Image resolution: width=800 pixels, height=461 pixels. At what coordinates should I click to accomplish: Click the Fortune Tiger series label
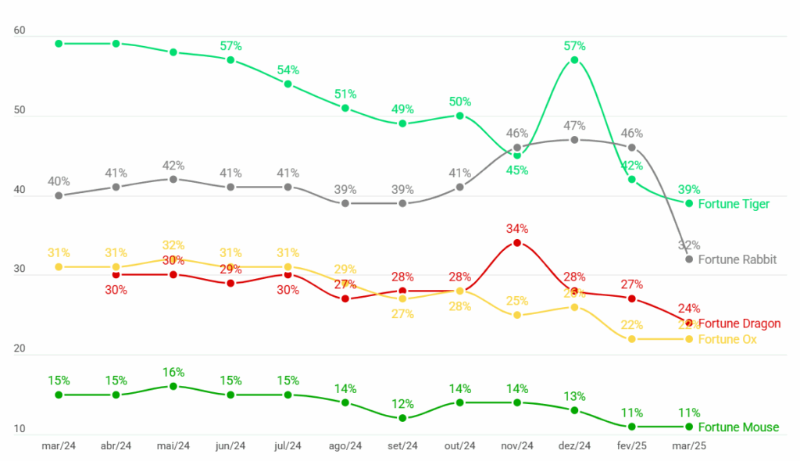(734, 204)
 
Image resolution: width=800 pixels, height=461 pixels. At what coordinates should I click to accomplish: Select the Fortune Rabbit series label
(737, 259)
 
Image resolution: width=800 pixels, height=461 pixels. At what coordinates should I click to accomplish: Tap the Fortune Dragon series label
(738, 323)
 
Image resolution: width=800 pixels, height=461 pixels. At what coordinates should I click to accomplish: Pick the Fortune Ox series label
(727, 339)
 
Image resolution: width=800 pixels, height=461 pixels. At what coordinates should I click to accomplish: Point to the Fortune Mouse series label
(738, 427)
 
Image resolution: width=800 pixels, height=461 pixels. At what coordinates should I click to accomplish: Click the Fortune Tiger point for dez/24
(574, 60)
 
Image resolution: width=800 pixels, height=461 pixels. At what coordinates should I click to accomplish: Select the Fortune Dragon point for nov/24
(517, 243)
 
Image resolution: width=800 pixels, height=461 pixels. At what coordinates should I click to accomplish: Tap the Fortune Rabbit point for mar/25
(689, 259)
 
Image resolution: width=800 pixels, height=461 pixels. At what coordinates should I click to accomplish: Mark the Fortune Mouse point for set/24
(402, 418)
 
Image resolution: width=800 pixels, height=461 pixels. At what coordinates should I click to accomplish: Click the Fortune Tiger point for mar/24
(59, 44)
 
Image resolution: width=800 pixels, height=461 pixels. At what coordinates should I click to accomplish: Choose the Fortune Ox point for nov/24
(517, 315)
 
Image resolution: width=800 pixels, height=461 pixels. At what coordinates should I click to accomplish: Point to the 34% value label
(516, 229)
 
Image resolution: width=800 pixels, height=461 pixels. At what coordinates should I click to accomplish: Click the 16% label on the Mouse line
(173, 372)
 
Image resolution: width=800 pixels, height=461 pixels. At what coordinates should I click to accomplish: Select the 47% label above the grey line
(574, 126)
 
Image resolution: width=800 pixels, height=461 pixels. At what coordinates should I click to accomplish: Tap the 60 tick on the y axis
(20, 30)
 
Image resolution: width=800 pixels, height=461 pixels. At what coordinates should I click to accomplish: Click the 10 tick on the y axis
(20, 429)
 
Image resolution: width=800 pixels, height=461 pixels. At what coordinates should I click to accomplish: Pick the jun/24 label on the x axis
(230, 446)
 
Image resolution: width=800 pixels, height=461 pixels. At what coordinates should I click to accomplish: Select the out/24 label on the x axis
(459, 446)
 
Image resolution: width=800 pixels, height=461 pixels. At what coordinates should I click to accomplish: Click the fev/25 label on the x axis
(631, 446)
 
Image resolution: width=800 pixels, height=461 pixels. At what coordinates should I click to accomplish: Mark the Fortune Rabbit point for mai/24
(173, 179)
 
